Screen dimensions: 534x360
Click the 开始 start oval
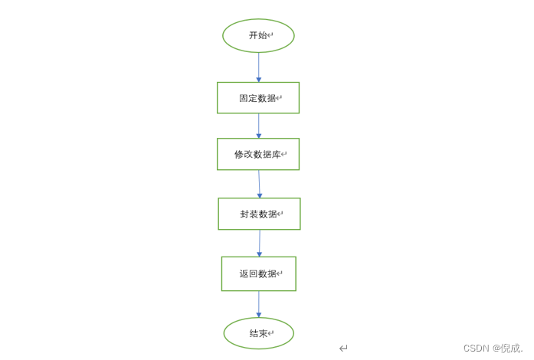coord(258,35)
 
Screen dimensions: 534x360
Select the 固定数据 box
coord(258,98)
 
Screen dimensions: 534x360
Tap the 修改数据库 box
coord(258,154)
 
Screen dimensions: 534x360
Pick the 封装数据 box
coord(259,214)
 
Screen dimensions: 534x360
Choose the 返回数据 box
coord(259,273)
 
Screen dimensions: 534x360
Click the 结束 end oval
coord(259,333)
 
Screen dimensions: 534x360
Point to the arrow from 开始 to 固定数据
coord(258,67)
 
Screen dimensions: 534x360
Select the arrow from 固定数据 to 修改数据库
coord(258,126)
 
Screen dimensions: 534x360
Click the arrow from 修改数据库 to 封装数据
coord(259,184)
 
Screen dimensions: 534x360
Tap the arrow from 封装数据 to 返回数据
coord(259,243)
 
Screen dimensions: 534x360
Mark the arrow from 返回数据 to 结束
coord(259,304)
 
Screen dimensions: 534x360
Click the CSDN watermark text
coord(476,348)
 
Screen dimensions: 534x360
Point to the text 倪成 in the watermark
coord(509,348)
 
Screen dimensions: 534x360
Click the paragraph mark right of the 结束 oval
coord(343,348)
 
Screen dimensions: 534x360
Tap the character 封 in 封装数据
coord(244,214)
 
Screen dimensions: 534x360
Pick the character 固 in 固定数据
coord(244,98)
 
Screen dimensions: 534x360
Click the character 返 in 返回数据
coord(244,273)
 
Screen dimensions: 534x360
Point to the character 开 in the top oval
coord(253,35)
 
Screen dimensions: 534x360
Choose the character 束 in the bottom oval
coord(263,333)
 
